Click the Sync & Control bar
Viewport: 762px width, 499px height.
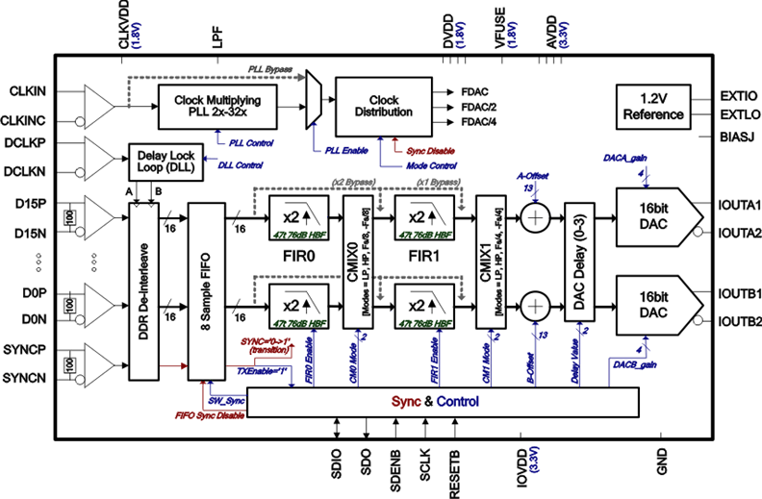pyautogui.click(x=444, y=401)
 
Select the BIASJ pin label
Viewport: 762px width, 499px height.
pyautogui.click(x=738, y=136)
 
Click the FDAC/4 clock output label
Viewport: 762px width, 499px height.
pyautogui.click(x=479, y=121)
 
